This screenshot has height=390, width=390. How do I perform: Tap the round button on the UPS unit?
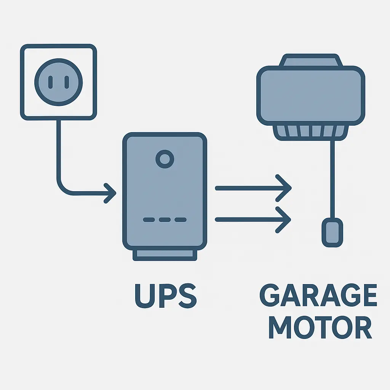point(165,159)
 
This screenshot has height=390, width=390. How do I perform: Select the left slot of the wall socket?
point(50,82)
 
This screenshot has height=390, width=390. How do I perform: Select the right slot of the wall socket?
point(67,82)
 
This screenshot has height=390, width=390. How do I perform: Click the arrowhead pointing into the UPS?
point(110,193)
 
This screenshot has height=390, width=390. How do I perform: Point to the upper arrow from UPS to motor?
point(253,188)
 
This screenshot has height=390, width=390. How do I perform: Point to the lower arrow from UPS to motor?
point(253,219)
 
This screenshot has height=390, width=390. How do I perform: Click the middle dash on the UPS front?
point(165,220)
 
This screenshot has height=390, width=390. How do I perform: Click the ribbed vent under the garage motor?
point(310,131)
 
